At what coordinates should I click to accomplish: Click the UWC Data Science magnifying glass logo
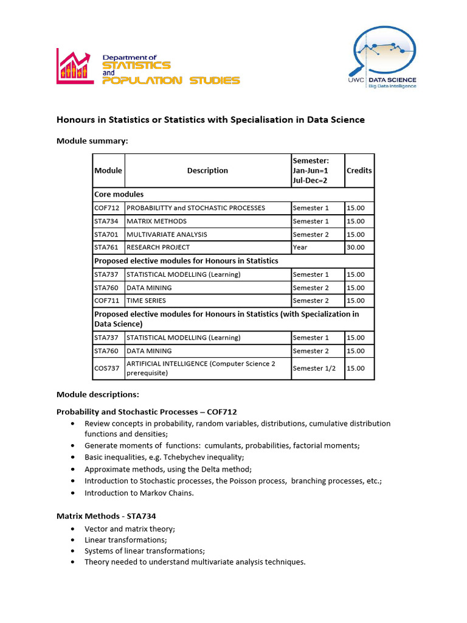point(382,58)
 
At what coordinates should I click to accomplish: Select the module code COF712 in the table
point(107,208)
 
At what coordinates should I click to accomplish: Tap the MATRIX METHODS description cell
point(157,221)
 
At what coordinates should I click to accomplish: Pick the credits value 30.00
point(356,248)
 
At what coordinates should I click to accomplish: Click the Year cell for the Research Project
point(300,248)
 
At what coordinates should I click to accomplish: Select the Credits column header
point(359,170)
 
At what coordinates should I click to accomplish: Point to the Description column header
point(207,170)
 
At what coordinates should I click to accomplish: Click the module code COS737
point(107,368)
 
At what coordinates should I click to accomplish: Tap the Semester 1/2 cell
point(314,368)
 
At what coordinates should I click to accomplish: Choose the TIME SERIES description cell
point(146,301)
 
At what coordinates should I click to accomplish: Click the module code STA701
point(107,234)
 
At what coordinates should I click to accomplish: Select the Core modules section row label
point(119,195)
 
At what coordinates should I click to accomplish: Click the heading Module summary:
point(92,141)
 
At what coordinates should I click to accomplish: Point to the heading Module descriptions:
point(98,395)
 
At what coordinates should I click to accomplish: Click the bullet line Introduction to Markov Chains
point(139,493)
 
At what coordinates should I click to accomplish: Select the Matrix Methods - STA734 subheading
point(106,516)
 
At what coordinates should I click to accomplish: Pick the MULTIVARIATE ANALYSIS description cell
point(167,234)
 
